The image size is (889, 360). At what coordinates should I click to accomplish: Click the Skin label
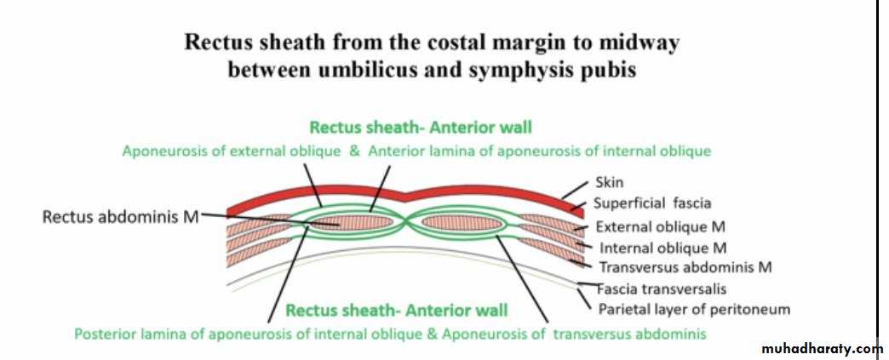tap(610, 182)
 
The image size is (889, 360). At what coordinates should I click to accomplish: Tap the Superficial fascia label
tap(652, 203)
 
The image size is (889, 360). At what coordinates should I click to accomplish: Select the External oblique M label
tap(661, 227)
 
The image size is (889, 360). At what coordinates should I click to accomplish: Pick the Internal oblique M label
tap(662, 248)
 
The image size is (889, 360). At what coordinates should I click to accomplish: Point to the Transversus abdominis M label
tap(685, 267)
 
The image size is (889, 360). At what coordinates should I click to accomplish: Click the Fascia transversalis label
tap(662, 289)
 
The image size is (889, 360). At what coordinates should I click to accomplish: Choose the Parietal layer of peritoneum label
tap(695, 310)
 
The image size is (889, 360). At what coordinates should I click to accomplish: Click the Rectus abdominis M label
tap(121, 216)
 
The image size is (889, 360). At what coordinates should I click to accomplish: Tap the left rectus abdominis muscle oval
tap(353, 222)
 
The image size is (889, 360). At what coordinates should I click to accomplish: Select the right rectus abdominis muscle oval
tap(462, 223)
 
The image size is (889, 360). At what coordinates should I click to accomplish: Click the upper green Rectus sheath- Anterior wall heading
tap(421, 127)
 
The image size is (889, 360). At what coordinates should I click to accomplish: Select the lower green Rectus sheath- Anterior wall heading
tap(397, 311)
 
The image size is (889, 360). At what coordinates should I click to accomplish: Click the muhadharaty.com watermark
tap(822, 348)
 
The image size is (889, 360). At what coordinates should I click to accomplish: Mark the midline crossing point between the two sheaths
tap(407, 223)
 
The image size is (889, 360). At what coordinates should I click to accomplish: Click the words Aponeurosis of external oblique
tap(232, 152)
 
